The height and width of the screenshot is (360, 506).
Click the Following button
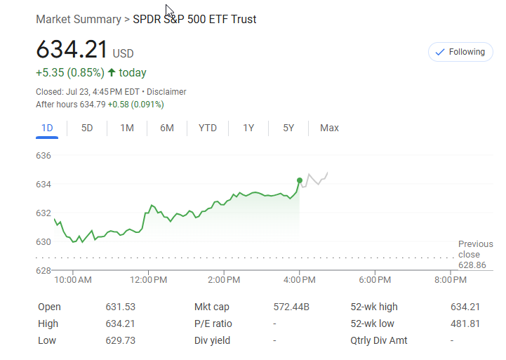[460, 52]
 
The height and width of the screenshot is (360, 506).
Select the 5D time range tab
[87, 128]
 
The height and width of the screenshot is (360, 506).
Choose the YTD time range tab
[208, 128]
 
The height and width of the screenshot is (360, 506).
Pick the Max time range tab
[329, 128]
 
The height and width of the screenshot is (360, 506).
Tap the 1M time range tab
[127, 128]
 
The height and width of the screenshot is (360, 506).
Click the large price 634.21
[72, 51]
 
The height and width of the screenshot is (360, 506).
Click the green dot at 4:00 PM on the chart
[300, 180]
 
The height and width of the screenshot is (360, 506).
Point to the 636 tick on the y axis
[44, 155]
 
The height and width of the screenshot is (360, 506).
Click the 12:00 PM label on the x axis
[149, 280]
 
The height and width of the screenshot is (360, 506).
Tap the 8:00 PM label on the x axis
[450, 280]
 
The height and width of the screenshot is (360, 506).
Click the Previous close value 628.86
[472, 265]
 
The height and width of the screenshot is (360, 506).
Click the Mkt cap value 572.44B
[291, 307]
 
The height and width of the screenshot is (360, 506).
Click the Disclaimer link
[166, 92]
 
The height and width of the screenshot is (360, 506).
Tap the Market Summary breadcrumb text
[78, 20]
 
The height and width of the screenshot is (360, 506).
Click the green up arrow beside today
[112, 72]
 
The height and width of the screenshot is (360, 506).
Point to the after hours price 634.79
[92, 105]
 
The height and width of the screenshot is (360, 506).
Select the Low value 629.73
[120, 340]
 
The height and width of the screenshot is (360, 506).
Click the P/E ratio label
[213, 324]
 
